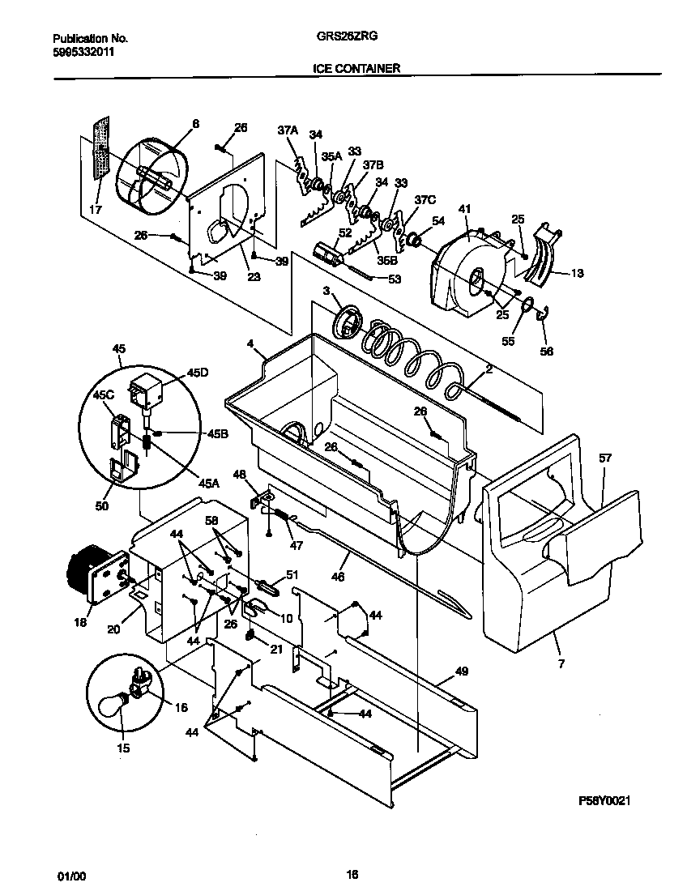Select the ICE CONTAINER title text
pos(356,69)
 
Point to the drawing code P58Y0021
pos(604,800)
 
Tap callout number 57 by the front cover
pos(605,458)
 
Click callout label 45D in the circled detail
pos(198,372)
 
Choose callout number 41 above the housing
pos(463,210)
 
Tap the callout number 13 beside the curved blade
pos(576,273)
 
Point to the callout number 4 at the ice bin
pos(252,344)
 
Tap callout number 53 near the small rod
pos(395,279)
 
